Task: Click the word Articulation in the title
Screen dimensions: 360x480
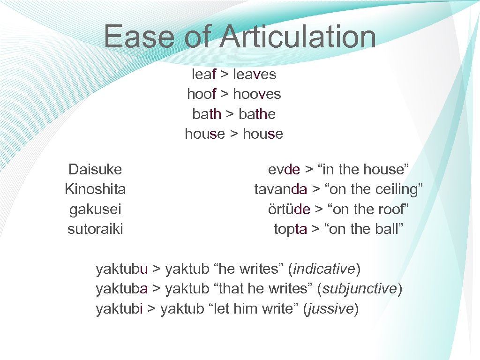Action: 298,37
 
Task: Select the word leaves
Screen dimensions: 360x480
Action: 255,74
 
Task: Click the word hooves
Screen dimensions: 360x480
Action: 257,94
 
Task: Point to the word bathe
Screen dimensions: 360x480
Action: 257,114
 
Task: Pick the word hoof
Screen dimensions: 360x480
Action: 202,94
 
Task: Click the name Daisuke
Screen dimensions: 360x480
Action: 95,169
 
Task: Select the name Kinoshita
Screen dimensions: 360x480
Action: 95,189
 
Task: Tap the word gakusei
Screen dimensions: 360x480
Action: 95,210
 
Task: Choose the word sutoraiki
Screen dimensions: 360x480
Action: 95,229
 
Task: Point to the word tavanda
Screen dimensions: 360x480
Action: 281,189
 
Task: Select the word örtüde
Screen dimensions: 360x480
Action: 289,210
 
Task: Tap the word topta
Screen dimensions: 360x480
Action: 291,229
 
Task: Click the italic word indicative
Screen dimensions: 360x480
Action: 323,269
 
